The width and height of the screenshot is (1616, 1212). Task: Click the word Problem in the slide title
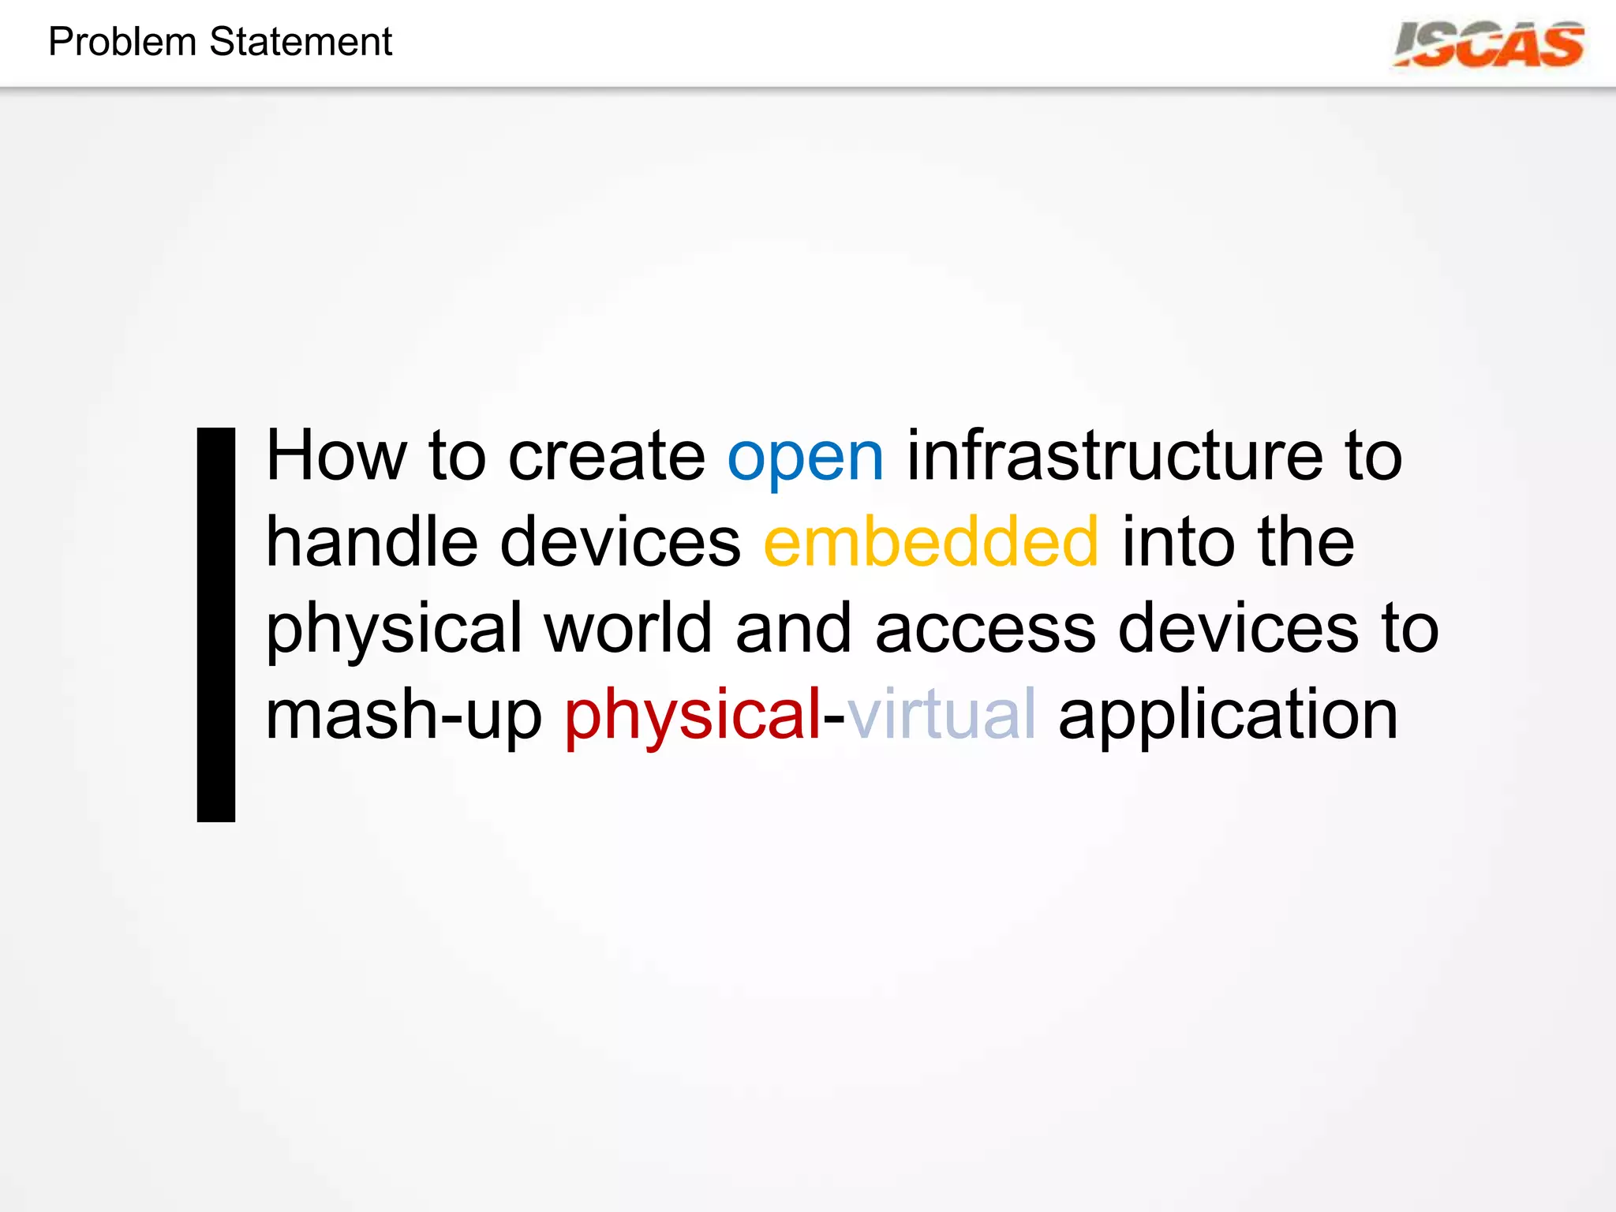(x=122, y=42)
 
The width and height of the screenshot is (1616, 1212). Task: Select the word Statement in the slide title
(x=301, y=42)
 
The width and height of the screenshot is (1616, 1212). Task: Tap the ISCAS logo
(x=1488, y=45)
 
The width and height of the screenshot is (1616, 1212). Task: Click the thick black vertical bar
(x=215, y=624)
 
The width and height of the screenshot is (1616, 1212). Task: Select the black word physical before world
(x=394, y=630)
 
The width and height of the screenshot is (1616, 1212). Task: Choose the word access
(x=986, y=630)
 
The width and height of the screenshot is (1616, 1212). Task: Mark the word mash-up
(x=403, y=715)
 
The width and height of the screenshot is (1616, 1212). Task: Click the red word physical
(x=693, y=715)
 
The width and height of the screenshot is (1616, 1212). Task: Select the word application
(x=1228, y=715)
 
